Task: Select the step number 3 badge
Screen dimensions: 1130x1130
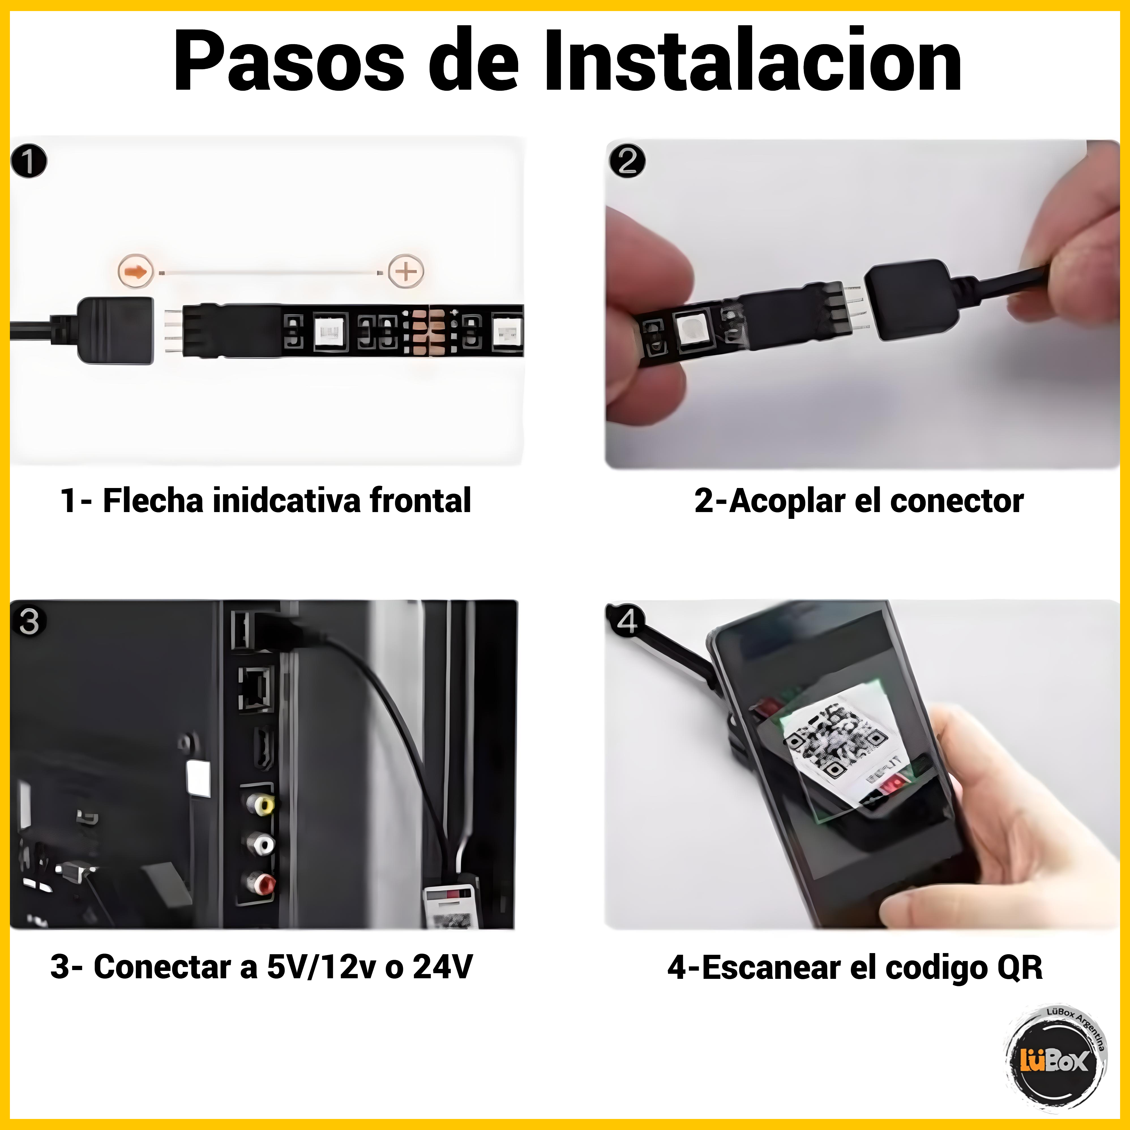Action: coord(29,621)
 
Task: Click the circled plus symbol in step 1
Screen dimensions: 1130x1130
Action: coord(406,271)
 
